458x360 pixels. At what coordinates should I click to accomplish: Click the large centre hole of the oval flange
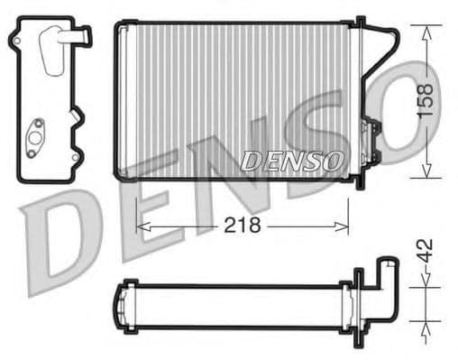(x=36, y=137)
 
